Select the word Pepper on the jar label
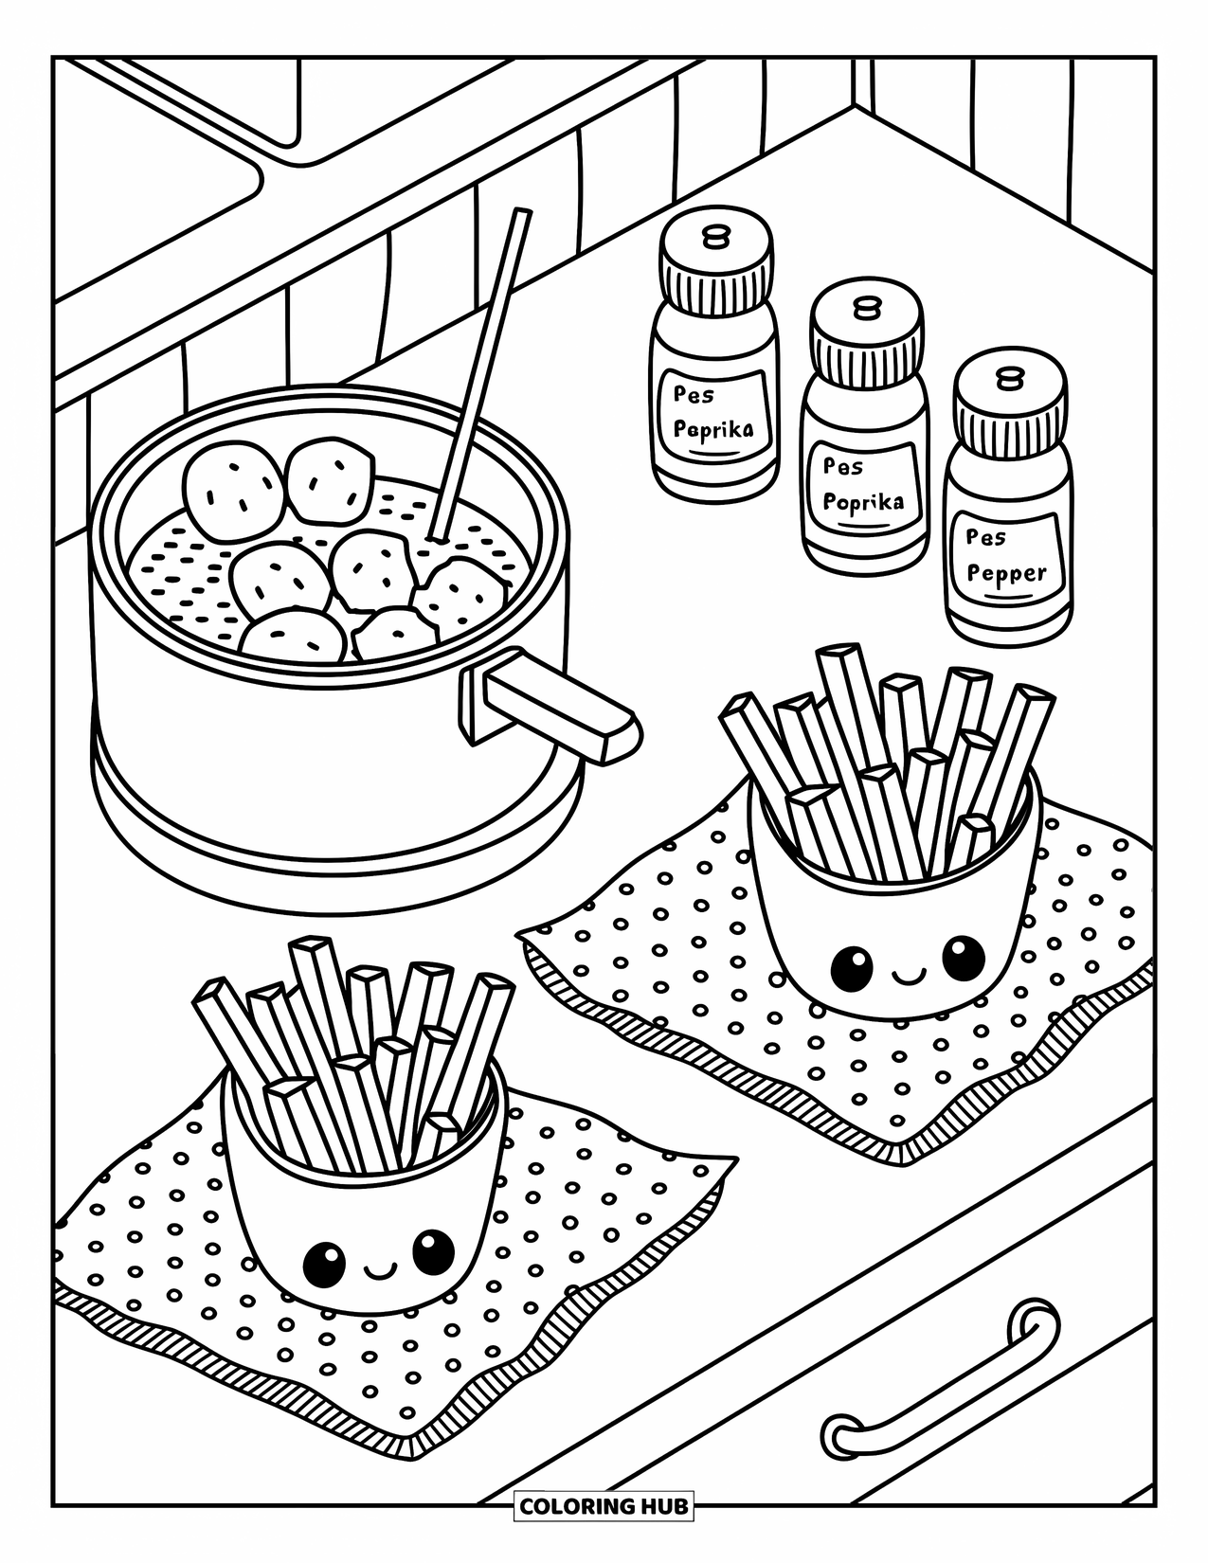[x=1007, y=573]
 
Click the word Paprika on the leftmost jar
[x=713, y=428]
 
